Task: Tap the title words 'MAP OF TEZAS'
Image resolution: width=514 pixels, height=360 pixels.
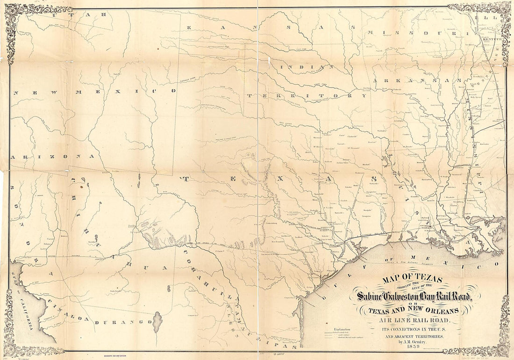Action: (412, 280)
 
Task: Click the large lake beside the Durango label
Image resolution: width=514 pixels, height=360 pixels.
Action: (157, 322)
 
